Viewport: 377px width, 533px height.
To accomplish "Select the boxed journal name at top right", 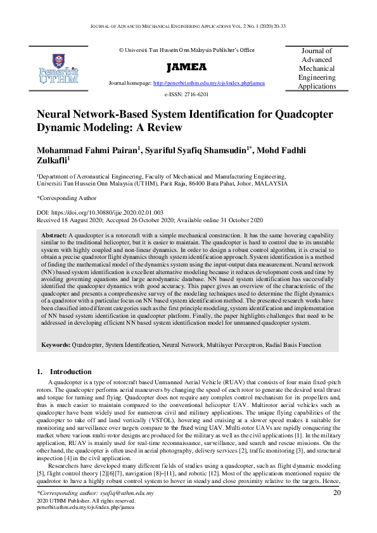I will [x=317, y=68].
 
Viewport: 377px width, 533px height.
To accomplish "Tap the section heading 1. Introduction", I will [x=63, y=372].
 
